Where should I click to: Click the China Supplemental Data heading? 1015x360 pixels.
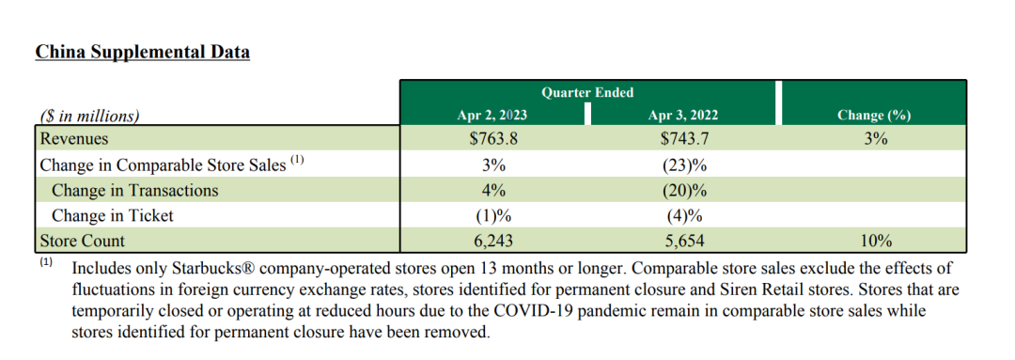[x=143, y=53]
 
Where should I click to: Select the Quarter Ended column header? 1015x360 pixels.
[x=587, y=93]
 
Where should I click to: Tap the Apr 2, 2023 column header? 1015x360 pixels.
[x=492, y=116]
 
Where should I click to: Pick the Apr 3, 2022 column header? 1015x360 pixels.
[x=683, y=116]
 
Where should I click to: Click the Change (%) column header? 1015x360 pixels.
[x=874, y=116]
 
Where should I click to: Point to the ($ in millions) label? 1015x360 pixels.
[x=89, y=117]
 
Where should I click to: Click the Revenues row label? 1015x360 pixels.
[x=74, y=138]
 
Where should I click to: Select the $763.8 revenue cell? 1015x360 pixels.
[x=492, y=138]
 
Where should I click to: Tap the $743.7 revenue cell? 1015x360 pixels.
[x=685, y=138]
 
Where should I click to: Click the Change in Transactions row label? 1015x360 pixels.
[x=134, y=191]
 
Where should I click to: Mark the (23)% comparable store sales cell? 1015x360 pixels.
[x=685, y=164]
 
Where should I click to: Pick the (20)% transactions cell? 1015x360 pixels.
[x=685, y=191]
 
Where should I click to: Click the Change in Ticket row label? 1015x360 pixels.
[x=113, y=215]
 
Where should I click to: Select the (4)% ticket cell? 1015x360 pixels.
[x=685, y=215]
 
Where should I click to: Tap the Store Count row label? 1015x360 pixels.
[x=82, y=241]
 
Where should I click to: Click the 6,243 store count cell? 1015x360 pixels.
[x=492, y=241]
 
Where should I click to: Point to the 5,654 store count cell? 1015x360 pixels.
[x=685, y=241]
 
